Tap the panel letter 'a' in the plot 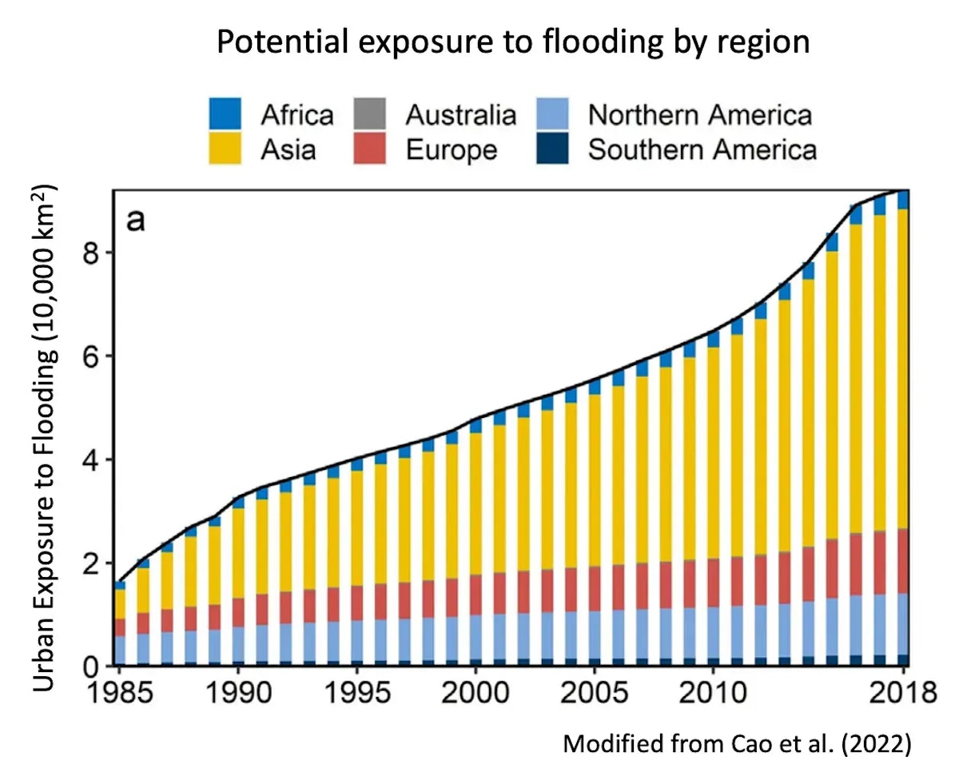click(137, 219)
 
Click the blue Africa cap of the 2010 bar click(714, 339)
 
